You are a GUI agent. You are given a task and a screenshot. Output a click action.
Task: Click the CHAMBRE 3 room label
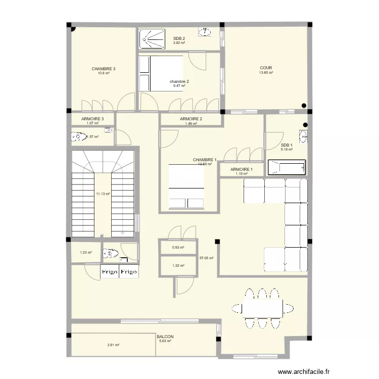(x=104, y=69)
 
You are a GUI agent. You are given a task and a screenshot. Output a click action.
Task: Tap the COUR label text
(x=266, y=67)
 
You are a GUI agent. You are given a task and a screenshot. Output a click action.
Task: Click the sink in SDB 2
(x=205, y=33)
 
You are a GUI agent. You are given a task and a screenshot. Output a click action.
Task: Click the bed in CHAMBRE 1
(x=186, y=186)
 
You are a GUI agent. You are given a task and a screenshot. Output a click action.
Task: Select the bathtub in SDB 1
(x=287, y=167)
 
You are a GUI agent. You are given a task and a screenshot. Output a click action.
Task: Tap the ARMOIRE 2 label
(x=191, y=119)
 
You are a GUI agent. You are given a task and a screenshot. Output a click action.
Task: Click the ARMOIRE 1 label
(x=241, y=169)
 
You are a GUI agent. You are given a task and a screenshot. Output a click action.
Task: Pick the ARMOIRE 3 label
(x=92, y=119)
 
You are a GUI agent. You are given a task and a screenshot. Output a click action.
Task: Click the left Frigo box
(x=110, y=272)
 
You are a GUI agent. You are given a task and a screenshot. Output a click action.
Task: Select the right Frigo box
(x=129, y=272)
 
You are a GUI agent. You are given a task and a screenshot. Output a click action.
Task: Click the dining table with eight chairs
(x=262, y=308)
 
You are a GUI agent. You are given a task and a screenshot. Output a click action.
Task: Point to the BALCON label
(x=165, y=337)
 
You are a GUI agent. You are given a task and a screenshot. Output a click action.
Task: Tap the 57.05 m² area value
(x=207, y=258)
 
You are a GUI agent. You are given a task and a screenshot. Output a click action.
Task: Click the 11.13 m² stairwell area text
(x=103, y=194)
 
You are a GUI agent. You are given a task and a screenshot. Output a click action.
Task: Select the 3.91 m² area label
(x=113, y=345)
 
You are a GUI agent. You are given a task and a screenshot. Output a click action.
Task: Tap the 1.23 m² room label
(x=85, y=253)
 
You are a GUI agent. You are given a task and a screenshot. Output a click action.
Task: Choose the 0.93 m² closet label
(x=178, y=247)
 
